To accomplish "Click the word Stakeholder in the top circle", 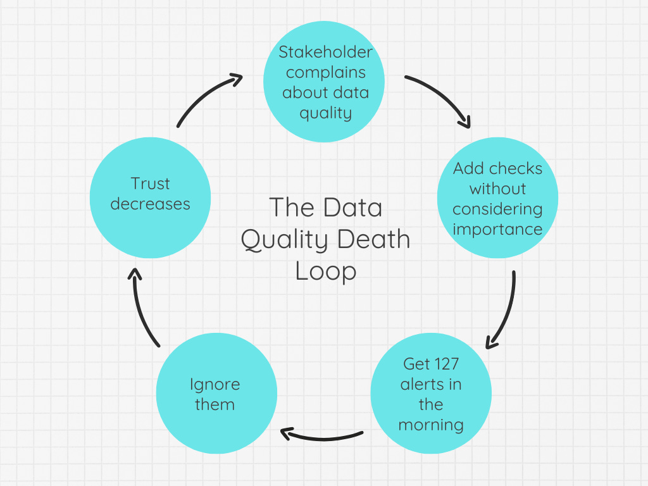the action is tap(325, 52).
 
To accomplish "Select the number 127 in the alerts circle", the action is tap(443, 364).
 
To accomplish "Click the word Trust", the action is tap(150, 184).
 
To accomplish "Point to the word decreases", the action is tap(150, 204).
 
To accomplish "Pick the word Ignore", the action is tap(215, 385).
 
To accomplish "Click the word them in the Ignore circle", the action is tap(215, 404).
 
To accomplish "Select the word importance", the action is tap(497, 230).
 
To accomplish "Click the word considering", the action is tap(497, 209).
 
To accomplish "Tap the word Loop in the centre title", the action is tap(326, 272).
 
